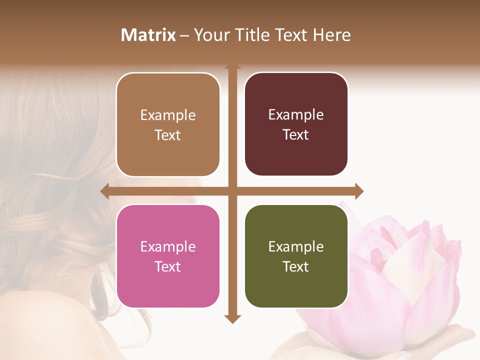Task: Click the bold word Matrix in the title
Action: click(x=148, y=35)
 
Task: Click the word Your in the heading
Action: click(x=209, y=35)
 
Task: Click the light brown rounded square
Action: click(x=168, y=124)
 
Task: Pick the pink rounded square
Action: click(x=168, y=256)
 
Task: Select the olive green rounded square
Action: click(x=296, y=256)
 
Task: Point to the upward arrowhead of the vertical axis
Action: click(x=232, y=66)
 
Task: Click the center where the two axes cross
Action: click(x=232, y=191)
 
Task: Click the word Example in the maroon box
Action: click(x=296, y=114)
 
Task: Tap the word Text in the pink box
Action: click(x=168, y=266)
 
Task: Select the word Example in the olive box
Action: click(x=296, y=246)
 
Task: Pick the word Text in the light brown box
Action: click(x=168, y=135)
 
